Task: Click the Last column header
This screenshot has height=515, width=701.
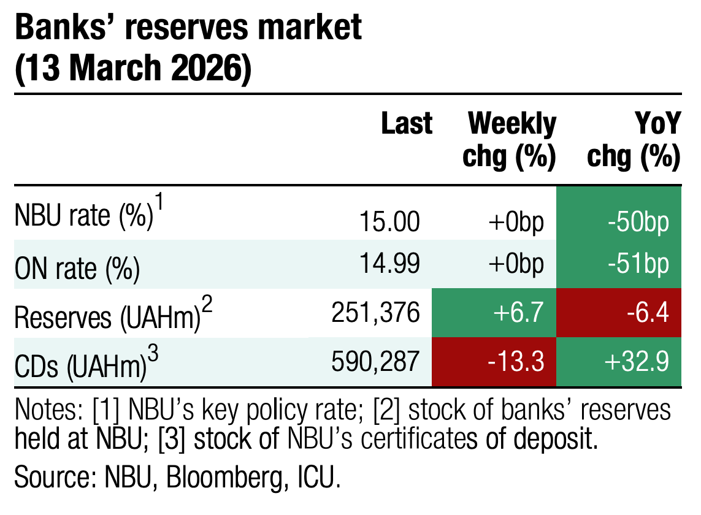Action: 407,124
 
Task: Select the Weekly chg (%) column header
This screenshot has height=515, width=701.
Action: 510,141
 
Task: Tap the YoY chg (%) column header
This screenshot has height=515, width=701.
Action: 635,141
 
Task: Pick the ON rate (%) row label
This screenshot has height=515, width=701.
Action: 77,268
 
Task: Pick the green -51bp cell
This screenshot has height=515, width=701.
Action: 619,264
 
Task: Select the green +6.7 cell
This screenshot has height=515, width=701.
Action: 494,313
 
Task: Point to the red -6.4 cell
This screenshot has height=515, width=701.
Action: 619,313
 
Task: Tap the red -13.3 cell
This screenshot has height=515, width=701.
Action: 494,362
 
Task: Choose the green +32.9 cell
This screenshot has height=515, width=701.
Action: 619,362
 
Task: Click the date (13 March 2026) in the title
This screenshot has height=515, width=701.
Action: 132,70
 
